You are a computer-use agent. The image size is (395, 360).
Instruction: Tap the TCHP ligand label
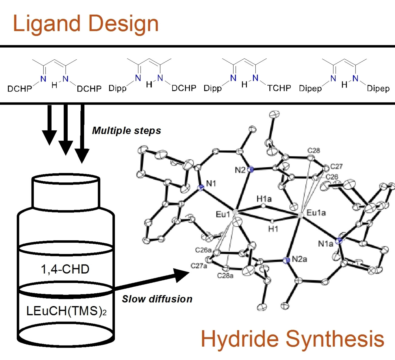(x=279, y=88)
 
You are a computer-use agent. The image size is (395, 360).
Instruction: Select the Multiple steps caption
(x=126, y=131)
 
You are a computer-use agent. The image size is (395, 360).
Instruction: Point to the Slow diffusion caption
(x=157, y=299)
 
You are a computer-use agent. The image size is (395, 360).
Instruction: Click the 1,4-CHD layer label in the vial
(x=65, y=269)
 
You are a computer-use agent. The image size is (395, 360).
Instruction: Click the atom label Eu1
(x=223, y=214)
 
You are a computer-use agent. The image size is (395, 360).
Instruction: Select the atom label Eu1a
(x=316, y=213)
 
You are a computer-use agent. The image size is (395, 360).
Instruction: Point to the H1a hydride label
(x=264, y=199)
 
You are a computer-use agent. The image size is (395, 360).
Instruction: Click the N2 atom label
(x=240, y=170)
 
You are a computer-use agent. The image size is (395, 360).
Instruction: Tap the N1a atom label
(x=325, y=244)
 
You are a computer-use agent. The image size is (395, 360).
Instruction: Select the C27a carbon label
(x=199, y=266)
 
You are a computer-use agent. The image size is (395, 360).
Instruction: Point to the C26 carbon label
(x=332, y=177)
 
